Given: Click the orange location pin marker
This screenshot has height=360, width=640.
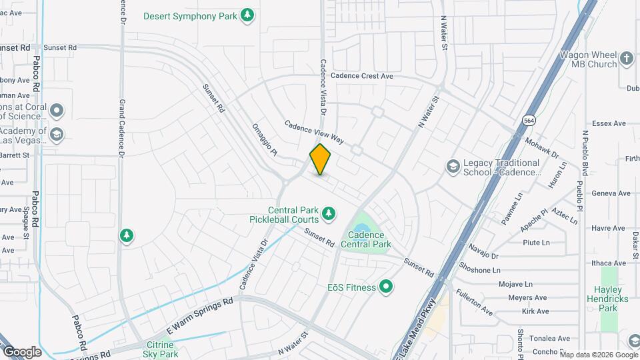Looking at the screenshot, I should coord(320,159).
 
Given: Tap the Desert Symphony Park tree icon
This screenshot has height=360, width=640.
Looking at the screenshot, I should coord(247,15).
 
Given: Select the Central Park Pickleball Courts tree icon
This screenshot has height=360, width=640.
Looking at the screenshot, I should coord(327,213).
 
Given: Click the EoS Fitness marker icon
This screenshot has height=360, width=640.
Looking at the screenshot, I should coord(385,287).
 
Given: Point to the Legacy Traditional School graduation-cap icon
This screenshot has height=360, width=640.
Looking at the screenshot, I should coord(453,166).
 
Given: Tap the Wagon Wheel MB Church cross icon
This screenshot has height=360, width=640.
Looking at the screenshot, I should coord(626,59).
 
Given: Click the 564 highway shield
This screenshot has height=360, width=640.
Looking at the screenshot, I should coord(529,120).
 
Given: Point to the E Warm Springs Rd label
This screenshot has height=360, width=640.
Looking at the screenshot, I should coord(199,316).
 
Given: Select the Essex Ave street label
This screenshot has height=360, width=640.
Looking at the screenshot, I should coord(608,123).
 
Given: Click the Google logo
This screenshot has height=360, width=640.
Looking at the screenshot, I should coord(22,351).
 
